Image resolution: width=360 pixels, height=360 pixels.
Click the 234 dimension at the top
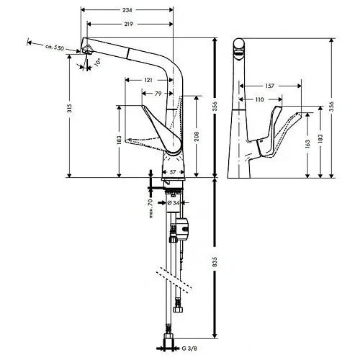[x=127, y=11]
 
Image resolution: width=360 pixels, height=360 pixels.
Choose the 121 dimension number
[x=148, y=80]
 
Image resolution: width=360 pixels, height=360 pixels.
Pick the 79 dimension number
[x=158, y=94]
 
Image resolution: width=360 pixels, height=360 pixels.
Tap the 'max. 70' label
[x=152, y=209]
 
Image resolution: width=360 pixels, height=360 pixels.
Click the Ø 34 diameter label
[x=172, y=203]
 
